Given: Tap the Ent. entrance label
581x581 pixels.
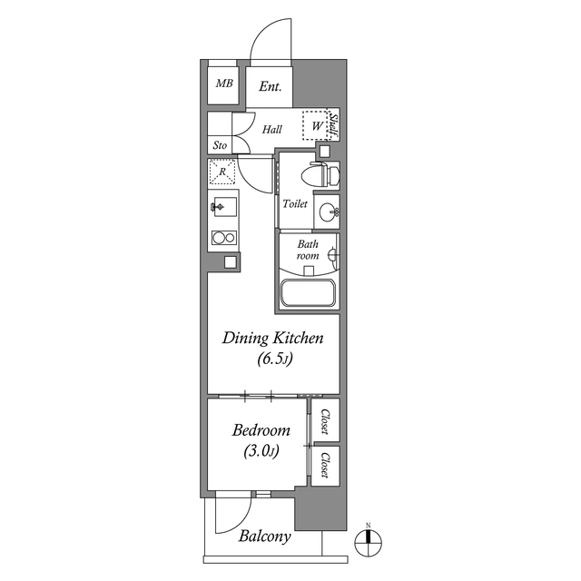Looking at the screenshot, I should [x=270, y=87].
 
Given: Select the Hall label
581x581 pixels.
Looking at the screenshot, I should [x=271, y=130].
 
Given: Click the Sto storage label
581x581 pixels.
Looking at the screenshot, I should [x=220, y=145].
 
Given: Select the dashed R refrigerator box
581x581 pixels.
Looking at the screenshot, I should [x=222, y=170].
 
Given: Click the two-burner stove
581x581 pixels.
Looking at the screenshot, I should [x=222, y=239].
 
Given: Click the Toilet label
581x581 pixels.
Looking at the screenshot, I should [x=295, y=204].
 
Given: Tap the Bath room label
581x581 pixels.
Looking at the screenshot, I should [x=309, y=251].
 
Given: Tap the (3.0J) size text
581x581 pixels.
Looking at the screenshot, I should [x=261, y=450].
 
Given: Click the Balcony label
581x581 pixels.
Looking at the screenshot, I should [x=265, y=537].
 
